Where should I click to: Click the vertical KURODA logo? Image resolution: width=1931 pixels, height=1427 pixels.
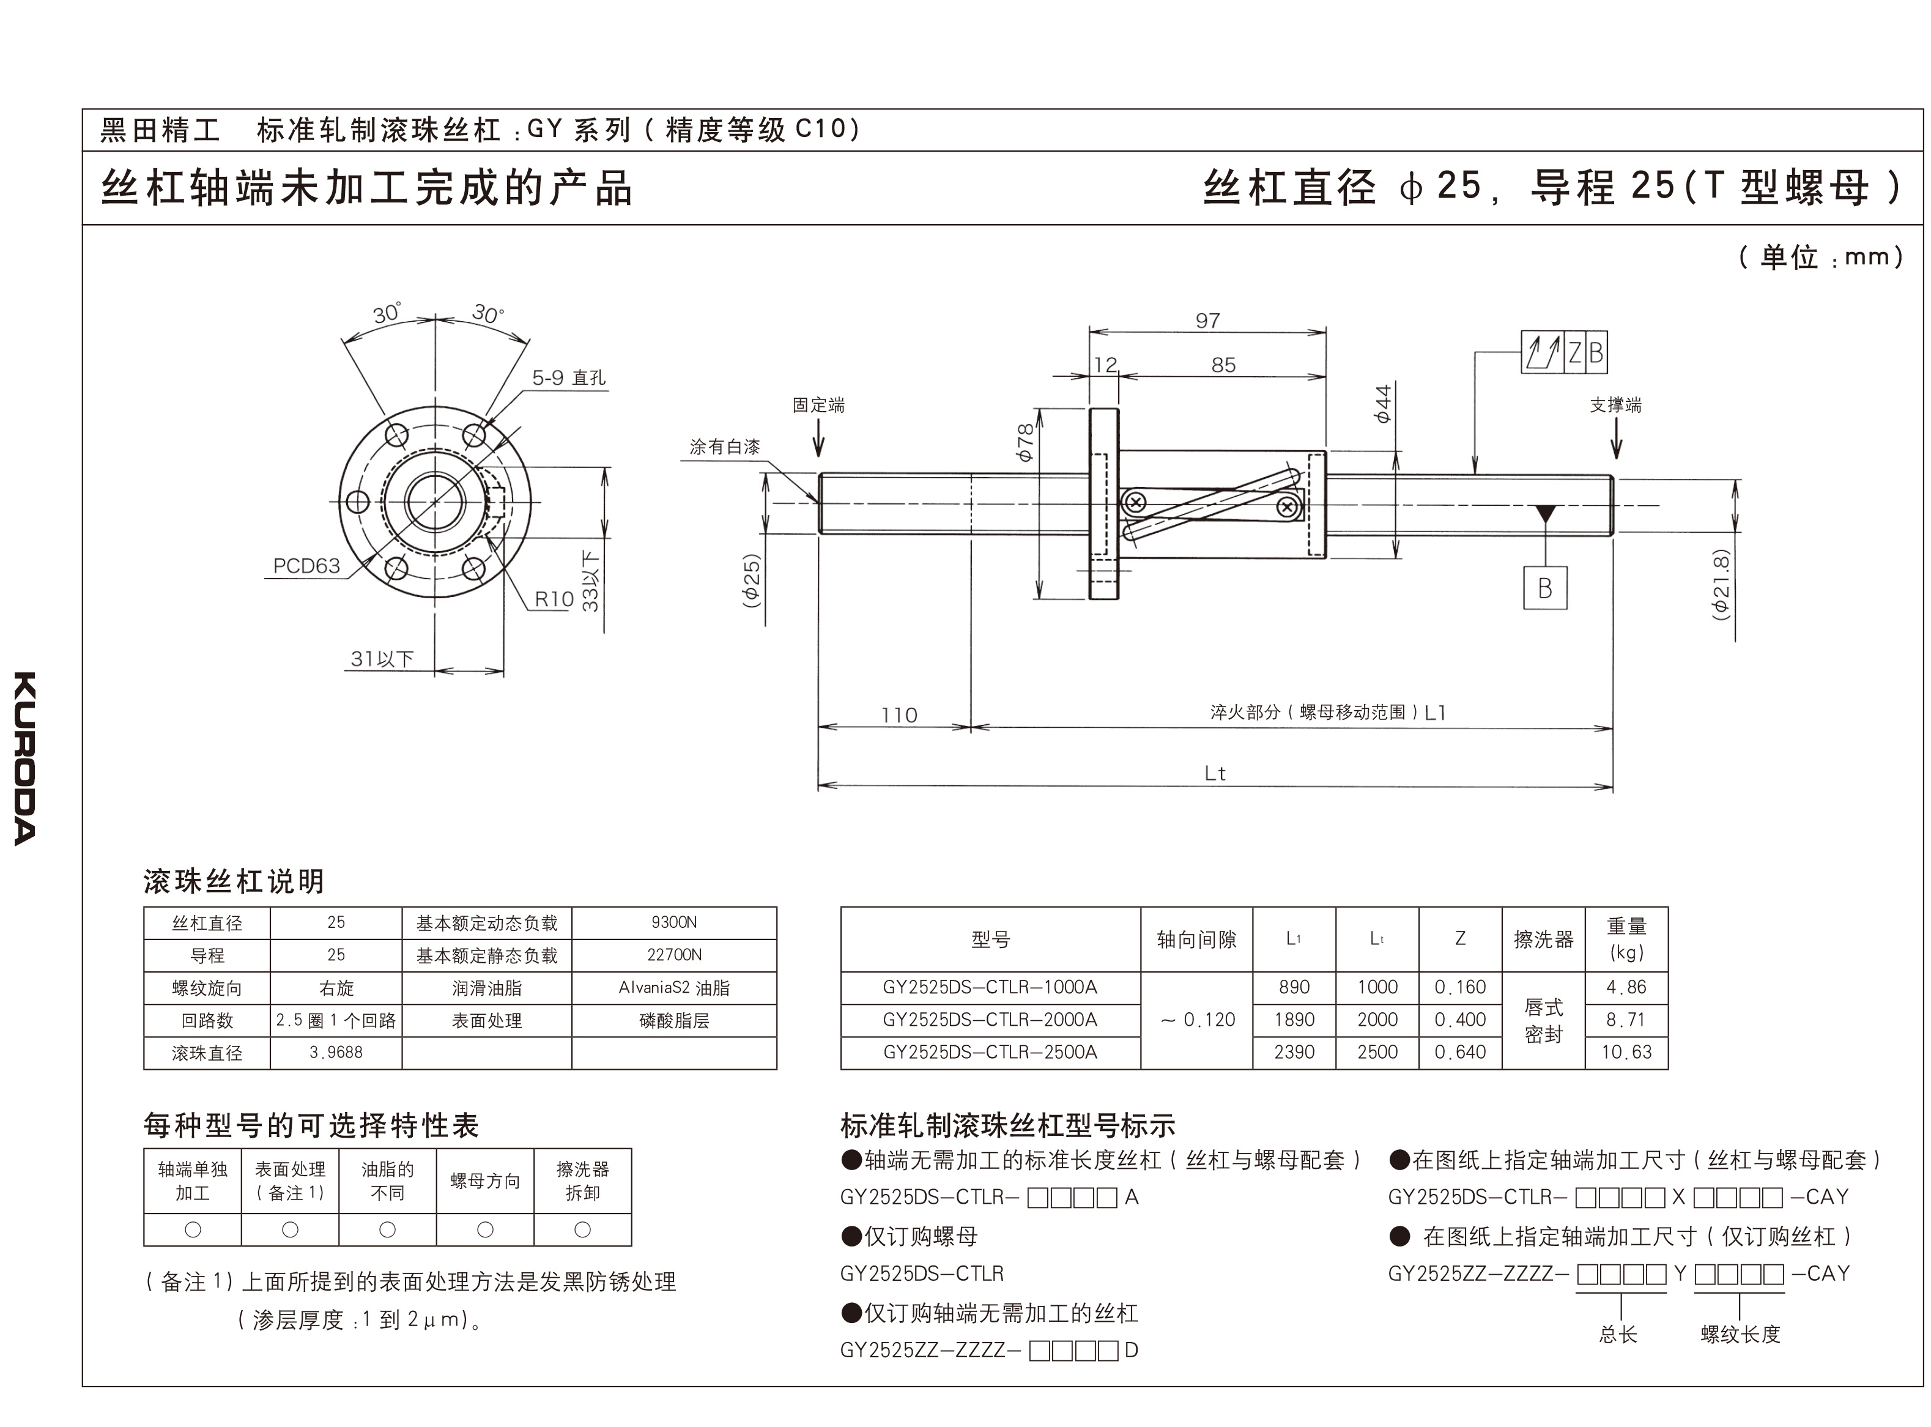click(x=25, y=758)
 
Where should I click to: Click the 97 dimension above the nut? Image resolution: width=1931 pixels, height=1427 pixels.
click(x=1207, y=321)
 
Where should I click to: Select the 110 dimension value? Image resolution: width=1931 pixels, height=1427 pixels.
click(x=898, y=715)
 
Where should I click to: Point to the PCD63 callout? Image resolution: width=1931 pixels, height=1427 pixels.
click(x=306, y=566)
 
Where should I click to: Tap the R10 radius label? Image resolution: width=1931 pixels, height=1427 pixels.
click(x=554, y=599)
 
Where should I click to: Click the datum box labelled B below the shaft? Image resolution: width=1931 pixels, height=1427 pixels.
click(x=1545, y=588)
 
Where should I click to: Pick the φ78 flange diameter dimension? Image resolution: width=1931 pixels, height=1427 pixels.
click(x=1025, y=442)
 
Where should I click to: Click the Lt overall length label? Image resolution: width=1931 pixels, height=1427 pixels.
click(x=1215, y=773)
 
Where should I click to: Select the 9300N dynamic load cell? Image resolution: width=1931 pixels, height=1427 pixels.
click(x=673, y=922)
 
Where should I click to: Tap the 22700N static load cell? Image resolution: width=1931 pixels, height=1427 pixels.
click(x=673, y=955)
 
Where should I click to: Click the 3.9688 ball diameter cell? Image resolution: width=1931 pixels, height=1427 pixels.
click(x=336, y=1052)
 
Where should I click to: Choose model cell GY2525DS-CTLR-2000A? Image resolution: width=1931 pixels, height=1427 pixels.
click(x=990, y=1019)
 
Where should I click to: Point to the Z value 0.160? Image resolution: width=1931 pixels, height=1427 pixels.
click(x=1459, y=987)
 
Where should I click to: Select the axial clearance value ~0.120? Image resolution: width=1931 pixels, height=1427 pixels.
click(x=1197, y=1019)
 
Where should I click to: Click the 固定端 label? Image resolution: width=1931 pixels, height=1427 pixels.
click(x=818, y=404)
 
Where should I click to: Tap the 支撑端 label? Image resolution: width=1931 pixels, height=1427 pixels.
click(x=1616, y=404)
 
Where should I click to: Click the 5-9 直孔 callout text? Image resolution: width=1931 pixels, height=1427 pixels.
click(x=568, y=377)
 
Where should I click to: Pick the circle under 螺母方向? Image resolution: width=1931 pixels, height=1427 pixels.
click(x=485, y=1229)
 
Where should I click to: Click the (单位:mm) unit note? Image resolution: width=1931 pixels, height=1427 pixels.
click(x=1820, y=256)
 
